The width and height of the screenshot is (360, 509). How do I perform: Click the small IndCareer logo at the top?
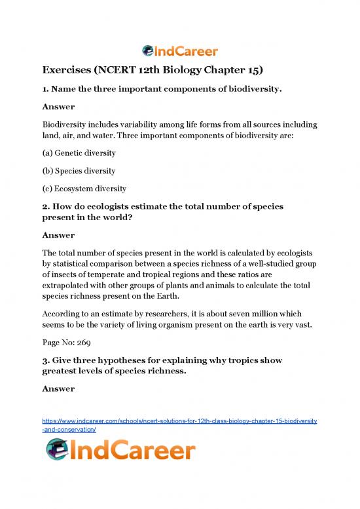pyautogui.click(x=180, y=50)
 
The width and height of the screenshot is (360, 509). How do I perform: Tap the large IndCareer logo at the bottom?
pyautogui.click(x=120, y=451)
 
